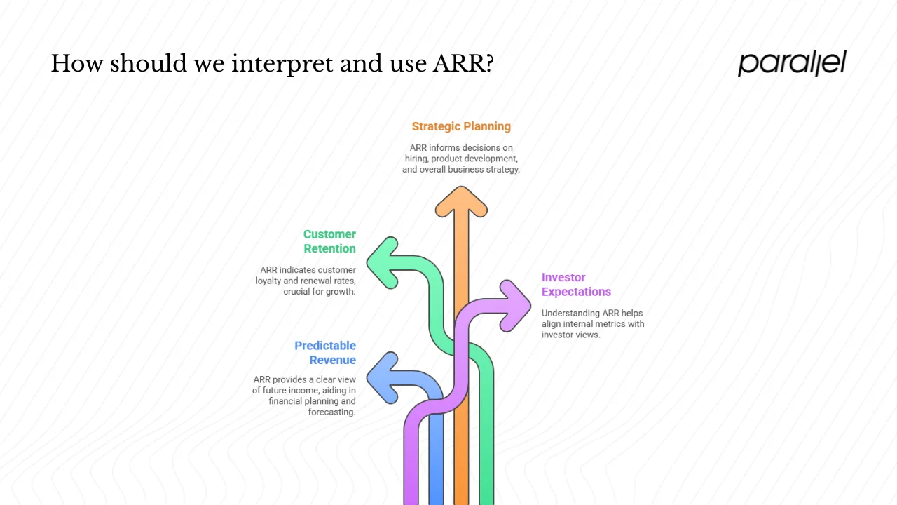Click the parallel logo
click(792, 63)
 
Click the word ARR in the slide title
click(457, 64)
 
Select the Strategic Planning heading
click(461, 126)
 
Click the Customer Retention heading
click(329, 241)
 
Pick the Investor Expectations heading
click(575, 285)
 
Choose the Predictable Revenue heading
click(325, 353)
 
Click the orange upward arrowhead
click(461, 202)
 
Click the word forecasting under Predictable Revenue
click(331, 412)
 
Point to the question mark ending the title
click(488, 64)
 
